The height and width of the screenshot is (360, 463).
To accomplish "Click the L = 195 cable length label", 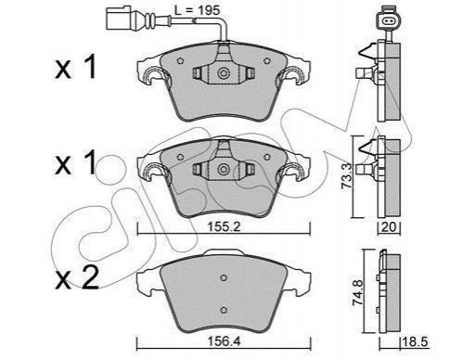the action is point(197,10).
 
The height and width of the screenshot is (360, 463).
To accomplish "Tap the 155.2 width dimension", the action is point(224,227).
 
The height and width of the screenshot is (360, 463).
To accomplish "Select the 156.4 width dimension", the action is point(224,341).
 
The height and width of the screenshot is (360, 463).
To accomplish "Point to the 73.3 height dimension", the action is point(348,176).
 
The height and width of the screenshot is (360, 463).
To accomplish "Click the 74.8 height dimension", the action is point(358,292).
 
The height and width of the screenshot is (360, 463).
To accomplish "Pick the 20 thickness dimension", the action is point(389,227).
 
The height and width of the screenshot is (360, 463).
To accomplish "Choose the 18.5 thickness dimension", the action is point(415,342).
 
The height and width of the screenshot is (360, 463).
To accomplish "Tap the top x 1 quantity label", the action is point(75,67).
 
